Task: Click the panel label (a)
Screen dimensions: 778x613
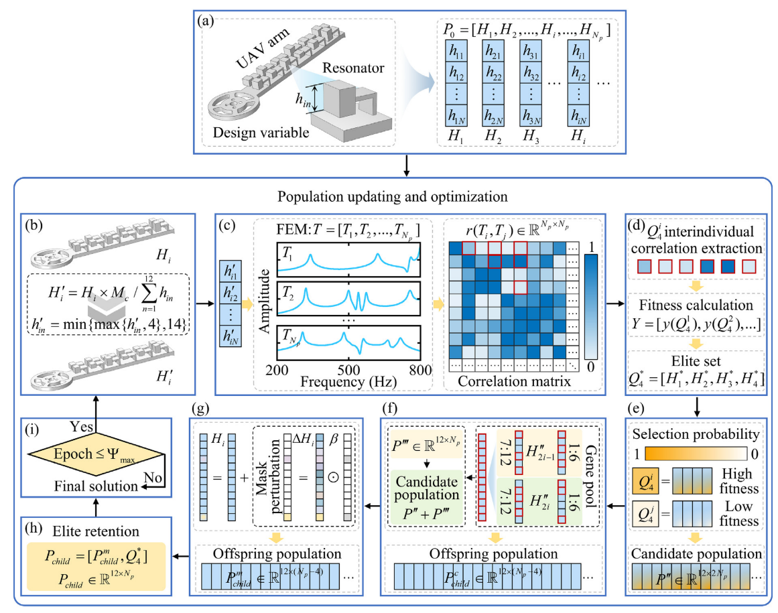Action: (x=206, y=21)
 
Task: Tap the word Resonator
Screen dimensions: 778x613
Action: (x=353, y=68)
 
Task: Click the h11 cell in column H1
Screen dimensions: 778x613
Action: (x=456, y=51)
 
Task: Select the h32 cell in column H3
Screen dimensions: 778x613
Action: (x=531, y=72)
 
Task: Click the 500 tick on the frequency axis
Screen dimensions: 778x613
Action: (x=349, y=370)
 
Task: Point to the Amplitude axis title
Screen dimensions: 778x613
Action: (x=265, y=301)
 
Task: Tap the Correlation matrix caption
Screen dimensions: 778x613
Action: (x=514, y=381)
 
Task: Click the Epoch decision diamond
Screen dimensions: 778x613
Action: (x=96, y=454)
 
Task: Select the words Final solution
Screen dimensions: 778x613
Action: (x=96, y=486)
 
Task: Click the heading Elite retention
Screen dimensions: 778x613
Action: (x=96, y=531)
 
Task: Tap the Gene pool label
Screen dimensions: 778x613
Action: (x=590, y=476)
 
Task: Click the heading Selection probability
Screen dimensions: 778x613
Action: (x=696, y=434)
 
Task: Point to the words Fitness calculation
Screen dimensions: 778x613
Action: (x=696, y=305)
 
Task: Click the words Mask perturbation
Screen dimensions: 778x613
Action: (x=269, y=476)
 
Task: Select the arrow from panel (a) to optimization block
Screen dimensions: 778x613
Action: (x=407, y=165)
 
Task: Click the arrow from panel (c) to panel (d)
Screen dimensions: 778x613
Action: (x=615, y=303)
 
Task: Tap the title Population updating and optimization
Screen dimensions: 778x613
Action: (x=393, y=196)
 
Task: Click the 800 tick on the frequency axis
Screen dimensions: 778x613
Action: (x=421, y=370)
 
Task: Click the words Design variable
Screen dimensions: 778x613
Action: (x=261, y=133)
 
